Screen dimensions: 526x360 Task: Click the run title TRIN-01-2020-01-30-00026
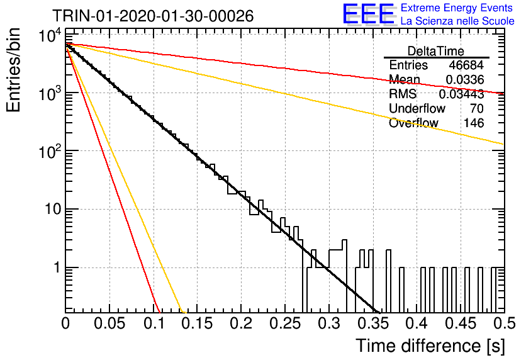(x=153, y=16)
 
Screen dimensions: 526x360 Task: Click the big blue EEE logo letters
(x=368, y=14)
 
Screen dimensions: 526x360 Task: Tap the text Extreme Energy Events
(x=457, y=8)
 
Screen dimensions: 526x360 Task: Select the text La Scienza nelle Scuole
(x=457, y=21)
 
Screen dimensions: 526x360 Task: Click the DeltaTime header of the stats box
(x=436, y=51)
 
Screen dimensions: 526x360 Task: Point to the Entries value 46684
(x=466, y=65)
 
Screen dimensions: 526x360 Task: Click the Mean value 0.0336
(x=464, y=79)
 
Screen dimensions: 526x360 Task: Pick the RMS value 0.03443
(x=461, y=94)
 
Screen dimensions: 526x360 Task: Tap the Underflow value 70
(x=477, y=108)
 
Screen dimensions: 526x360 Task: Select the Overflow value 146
(x=474, y=123)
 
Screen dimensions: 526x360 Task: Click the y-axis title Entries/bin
(x=13, y=70)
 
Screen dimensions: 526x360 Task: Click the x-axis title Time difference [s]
(x=430, y=346)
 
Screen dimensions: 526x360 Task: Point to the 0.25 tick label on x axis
(x=285, y=323)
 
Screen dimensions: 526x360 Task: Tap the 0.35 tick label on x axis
(x=373, y=323)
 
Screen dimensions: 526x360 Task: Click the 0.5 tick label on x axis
(x=504, y=323)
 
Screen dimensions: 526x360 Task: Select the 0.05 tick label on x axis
(x=109, y=323)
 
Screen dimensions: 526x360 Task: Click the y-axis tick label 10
(x=53, y=209)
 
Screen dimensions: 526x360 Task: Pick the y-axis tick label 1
(x=57, y=267)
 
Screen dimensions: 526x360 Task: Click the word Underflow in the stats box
(x=417, y=108)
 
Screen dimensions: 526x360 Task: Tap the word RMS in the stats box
(x=403, y=94)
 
